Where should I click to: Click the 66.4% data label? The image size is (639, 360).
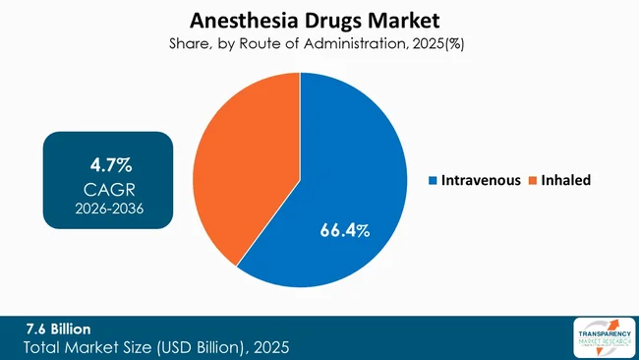[344, 230]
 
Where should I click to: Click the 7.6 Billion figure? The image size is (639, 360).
[61, 329]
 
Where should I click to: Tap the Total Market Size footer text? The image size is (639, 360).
[157, 348]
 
